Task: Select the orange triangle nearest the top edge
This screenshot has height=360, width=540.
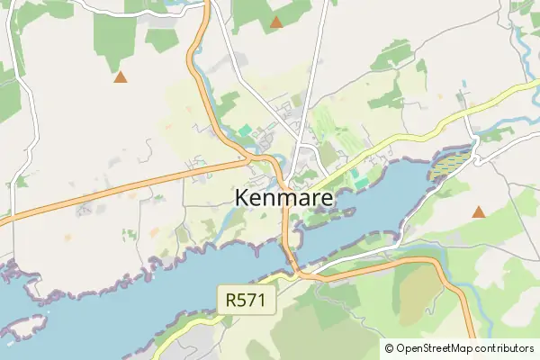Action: click(x=276, y=22)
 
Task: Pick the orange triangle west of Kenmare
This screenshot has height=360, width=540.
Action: click(x=120, y=77)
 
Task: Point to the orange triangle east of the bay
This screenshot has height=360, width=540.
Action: click(x=479, y=212)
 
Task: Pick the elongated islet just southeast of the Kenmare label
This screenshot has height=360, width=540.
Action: click(x=319, y=216)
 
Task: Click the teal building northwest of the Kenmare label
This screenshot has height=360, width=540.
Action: click(x=245, y=131)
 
